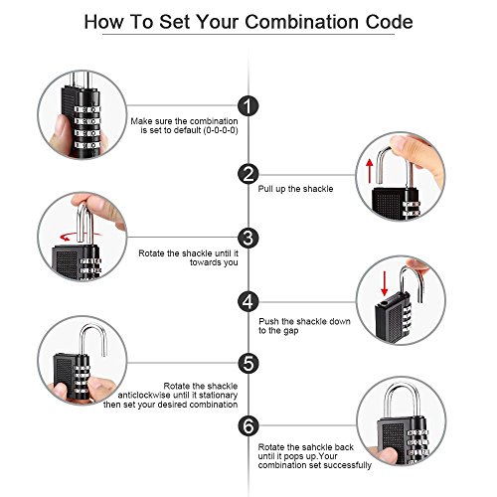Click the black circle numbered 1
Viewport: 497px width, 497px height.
point(248,106)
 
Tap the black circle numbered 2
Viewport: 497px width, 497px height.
point(248,174)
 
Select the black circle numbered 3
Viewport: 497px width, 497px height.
point(248,238)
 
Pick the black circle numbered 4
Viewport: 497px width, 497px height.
point(248,301)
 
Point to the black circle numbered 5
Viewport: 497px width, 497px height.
point(248,363)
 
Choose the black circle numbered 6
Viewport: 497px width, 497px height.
point(248,425)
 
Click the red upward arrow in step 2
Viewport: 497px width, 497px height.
point(370,171)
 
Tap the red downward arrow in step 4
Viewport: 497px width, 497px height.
point(385,283)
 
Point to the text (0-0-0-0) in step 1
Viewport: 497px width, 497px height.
point(221,130)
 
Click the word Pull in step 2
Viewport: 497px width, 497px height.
point(265,189)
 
